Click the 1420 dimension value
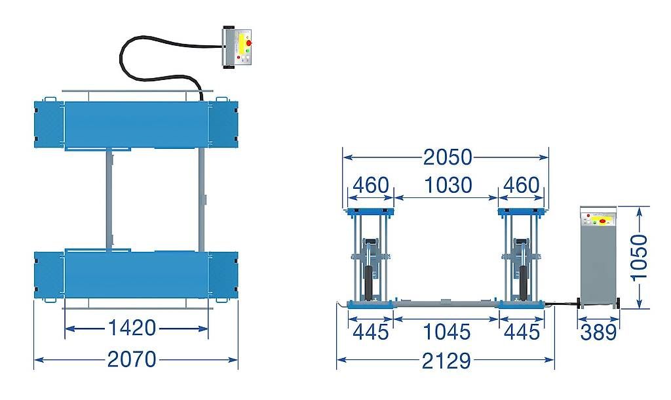[x=132, y=328]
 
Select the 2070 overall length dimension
[x=132, y=359]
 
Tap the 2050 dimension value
[x=448, y=157]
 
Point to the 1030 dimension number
[x=448, y=185]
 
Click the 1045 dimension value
[x=446, y=332]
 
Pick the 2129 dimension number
[x=446, y=361]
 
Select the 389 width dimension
[x=599, y=332]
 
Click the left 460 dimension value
[x=371, y=185]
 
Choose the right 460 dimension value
[x=521, y=185]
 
